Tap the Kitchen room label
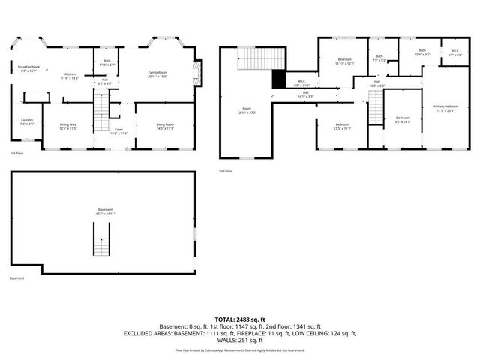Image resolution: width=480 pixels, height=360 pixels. pos(70,75)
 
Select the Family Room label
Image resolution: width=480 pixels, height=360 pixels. pos(156,73)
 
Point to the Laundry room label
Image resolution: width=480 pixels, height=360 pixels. pos(26,122)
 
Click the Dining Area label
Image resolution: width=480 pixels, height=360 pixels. pos(67,126)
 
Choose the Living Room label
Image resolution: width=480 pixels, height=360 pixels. pos(165,126)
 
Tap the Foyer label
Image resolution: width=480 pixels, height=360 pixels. pos(118,131)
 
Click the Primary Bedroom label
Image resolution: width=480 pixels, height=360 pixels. pos(445,108)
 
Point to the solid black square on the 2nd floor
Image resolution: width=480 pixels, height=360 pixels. pos(279,78)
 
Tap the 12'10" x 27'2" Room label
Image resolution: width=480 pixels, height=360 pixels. pos(246,110)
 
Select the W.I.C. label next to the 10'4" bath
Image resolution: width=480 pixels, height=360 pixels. pos(454,53)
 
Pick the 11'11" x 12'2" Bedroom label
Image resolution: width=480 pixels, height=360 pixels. pos(344,61)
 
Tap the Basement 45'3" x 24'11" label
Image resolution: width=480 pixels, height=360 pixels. pos(105,211)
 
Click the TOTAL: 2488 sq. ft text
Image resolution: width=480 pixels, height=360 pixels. pos(239,319)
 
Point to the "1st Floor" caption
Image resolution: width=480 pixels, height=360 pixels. pos(16,154)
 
